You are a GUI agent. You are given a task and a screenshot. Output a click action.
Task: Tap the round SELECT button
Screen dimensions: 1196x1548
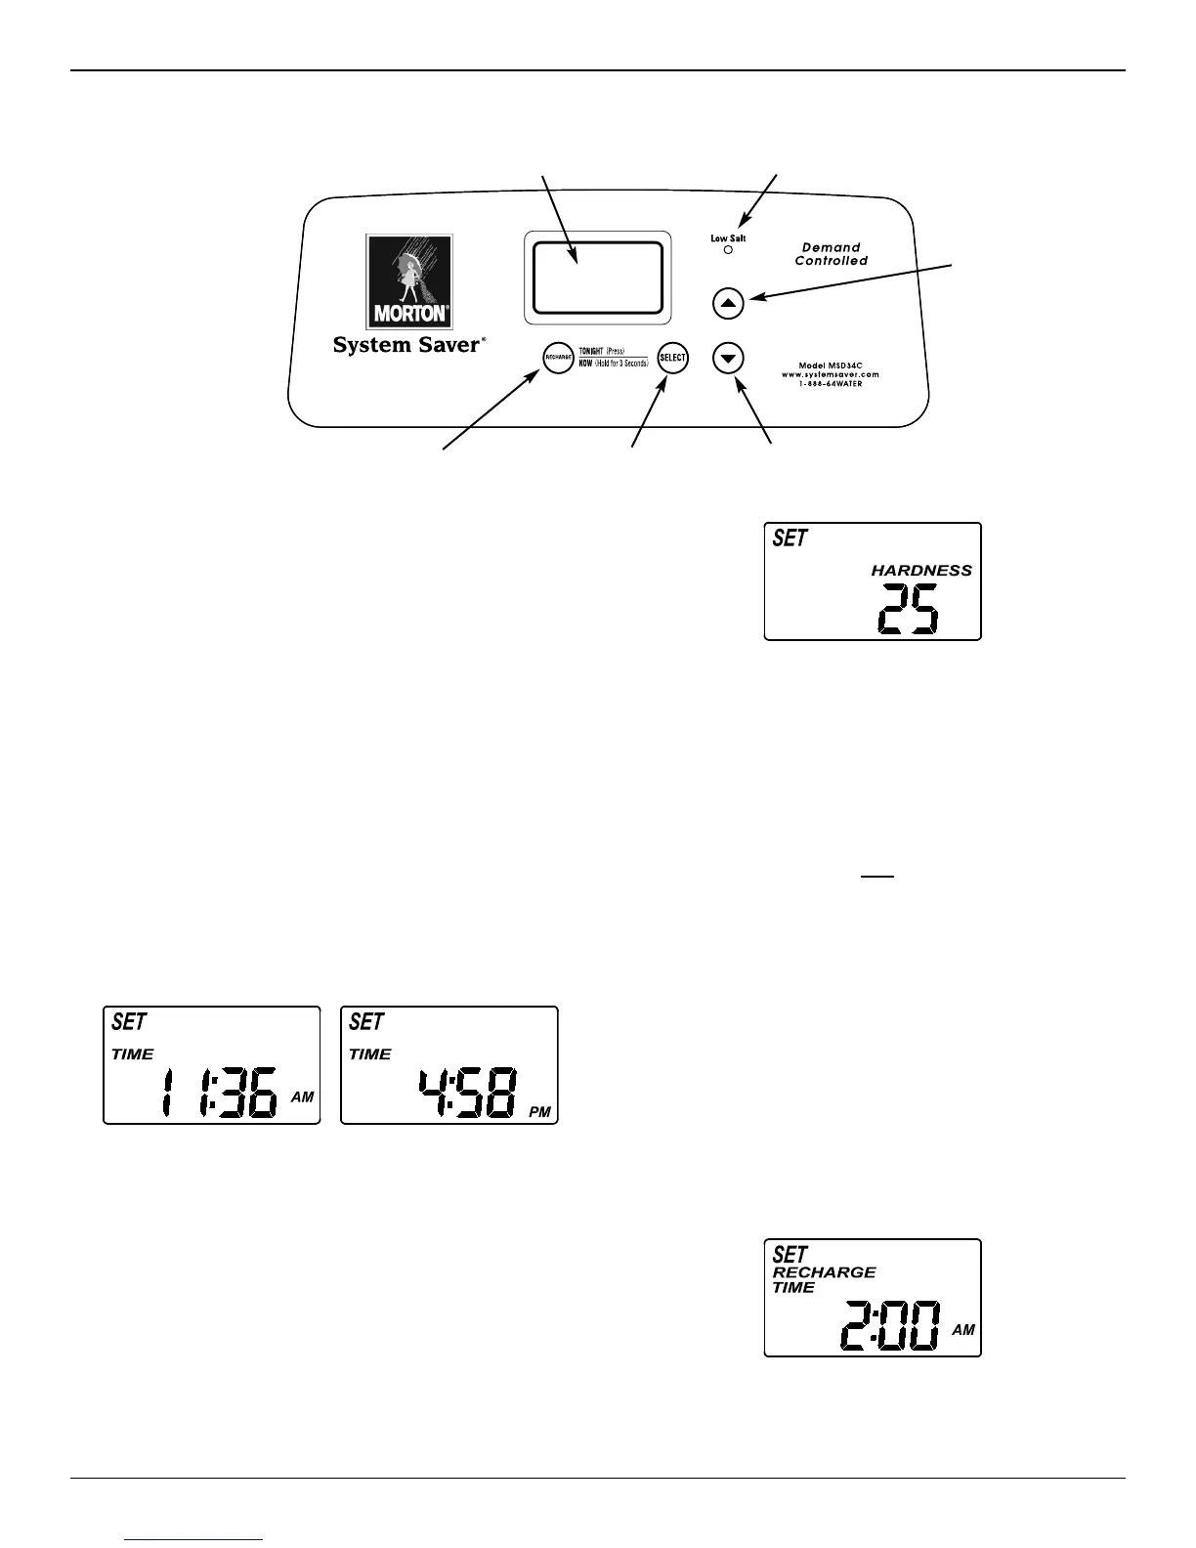click(672, 358)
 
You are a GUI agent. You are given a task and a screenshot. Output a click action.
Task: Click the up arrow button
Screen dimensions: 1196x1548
click(728, 303)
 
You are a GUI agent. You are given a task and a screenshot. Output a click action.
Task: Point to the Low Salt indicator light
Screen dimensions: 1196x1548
click(728, 250)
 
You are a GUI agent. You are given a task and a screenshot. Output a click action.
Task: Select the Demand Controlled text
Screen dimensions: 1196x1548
click(831, 254)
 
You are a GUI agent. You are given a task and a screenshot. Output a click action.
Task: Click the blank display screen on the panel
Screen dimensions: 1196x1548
click(597, 278)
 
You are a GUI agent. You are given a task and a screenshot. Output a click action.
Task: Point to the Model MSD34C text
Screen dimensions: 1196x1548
click(831, 365)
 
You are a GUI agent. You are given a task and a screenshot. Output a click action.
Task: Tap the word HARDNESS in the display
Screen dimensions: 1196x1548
click(921, 571)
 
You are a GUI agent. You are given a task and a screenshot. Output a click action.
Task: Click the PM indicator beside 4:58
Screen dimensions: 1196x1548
click(540, 1112)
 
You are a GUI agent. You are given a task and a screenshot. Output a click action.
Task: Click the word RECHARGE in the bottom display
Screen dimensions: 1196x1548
click(824, 1272)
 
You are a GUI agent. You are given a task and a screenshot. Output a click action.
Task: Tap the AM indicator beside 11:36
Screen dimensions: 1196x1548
click(302, 1097)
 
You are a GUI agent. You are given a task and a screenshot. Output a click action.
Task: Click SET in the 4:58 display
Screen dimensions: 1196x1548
click(366, 1022)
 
